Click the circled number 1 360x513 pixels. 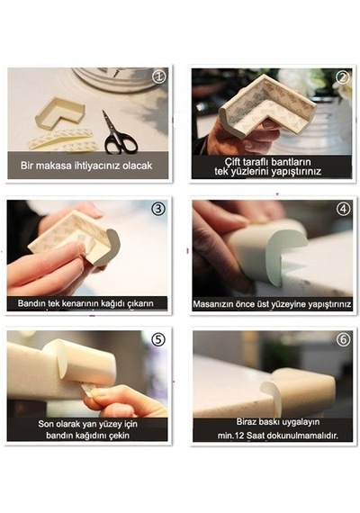click(159, 76)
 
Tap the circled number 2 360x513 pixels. click(343, 77)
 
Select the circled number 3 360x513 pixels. click(158, 209)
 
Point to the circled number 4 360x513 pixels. click(343, 209)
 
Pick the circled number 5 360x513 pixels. click(158, 339)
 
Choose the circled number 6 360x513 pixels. click(343, 339)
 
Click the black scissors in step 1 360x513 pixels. click(118, 134)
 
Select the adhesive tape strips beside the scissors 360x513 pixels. click(62, 139)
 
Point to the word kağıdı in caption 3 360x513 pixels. click(112, 304)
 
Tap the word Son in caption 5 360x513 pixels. click(45, 424)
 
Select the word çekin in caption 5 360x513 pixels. click(119, 436)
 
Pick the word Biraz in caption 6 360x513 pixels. click(247, 422)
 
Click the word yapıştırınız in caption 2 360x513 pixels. click(296, 172)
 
